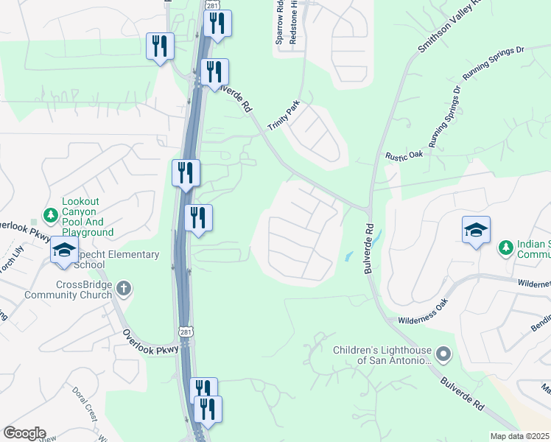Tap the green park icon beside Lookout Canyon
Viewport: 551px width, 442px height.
pos(50,215)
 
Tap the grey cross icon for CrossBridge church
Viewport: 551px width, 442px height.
pos(124,288)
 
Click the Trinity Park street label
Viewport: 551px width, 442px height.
pos(284,116)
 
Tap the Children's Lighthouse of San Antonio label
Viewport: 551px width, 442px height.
pos(381,355)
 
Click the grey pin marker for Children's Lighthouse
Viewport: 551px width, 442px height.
pos(442,355)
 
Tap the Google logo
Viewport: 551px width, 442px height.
pos(24,433)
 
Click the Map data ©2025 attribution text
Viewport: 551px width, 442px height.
pos(520,436)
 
